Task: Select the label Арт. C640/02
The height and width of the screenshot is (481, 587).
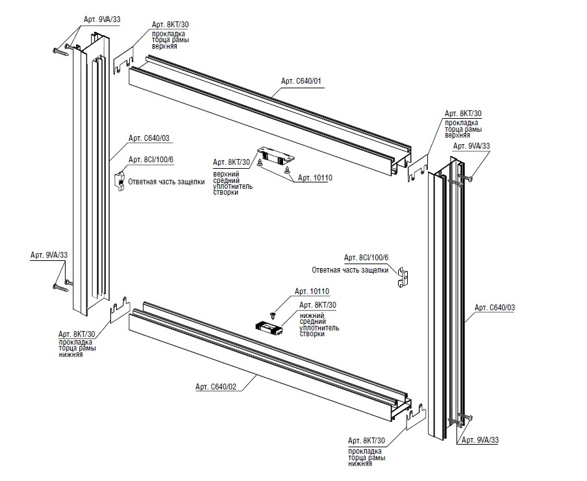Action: point(216,387)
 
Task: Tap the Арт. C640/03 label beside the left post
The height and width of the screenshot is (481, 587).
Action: point(149,138)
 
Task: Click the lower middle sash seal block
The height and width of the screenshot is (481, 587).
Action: point(268,327)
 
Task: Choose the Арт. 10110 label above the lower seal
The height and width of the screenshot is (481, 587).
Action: point(312,291)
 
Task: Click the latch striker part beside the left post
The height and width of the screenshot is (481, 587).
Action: point(121,181)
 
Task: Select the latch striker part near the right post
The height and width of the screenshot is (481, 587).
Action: point(404,277)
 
